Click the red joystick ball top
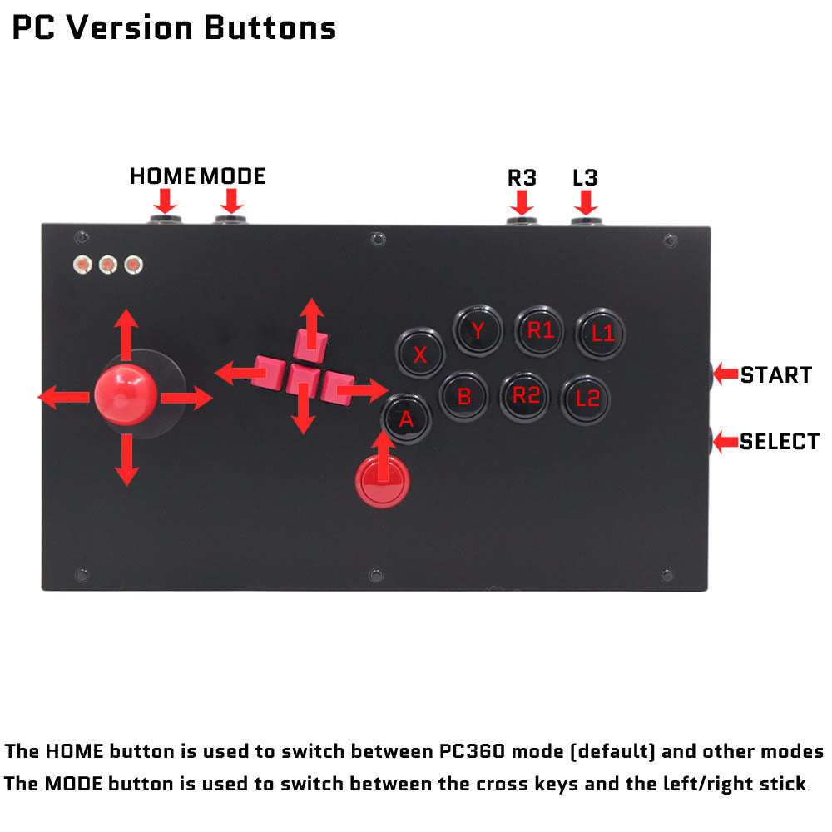coord(126,394)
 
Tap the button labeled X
coord(419,353)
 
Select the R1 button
coord(539,331)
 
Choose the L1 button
coord(601,334)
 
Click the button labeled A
coord(406,418)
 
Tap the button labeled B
coord(463,396)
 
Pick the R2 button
coord(525,396)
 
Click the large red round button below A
coord(383,480)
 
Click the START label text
coord(775,374)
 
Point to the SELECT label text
coord(780,442)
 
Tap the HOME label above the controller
coord(162,176)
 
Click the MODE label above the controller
coord(232,176)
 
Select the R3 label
coord(522,178)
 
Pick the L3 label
coord(585,178)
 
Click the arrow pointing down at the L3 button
coord(586,202)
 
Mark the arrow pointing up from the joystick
coord(126,334)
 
